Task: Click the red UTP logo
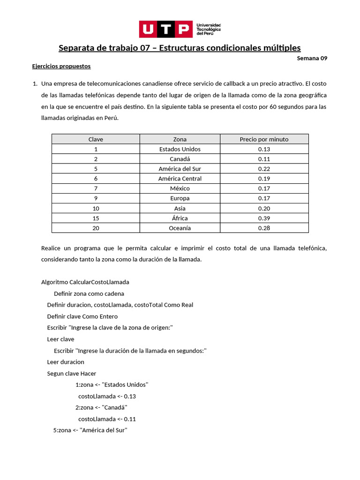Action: (x=165, y=29)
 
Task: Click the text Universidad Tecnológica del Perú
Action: (x=209, y=29)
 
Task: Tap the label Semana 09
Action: (x=312, y=59)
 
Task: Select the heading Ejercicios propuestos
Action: (x=61, y=66)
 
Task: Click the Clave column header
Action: (x=96, y=139)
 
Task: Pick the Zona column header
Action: (x=180, y=139)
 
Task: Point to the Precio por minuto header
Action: (x=264, y=139)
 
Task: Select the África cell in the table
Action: (x=180, y=218)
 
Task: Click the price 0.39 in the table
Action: (x=264, y=218)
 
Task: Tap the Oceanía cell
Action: (x=180, y=228)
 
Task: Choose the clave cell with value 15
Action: (x=96, y=218)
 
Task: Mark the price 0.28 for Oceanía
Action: (x=264, y=228)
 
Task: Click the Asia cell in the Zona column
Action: (x=180, y=209)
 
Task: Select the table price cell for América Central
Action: (x=264, y=179)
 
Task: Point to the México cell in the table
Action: (x=180, y=188)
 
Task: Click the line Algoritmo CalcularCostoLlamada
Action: (x=85, y=282)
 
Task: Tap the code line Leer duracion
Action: (x=66, y=362)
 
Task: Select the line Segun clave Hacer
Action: (x=72, y=374)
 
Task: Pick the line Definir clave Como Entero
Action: (x=82, y=316)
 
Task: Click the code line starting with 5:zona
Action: (x=90, y=430)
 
